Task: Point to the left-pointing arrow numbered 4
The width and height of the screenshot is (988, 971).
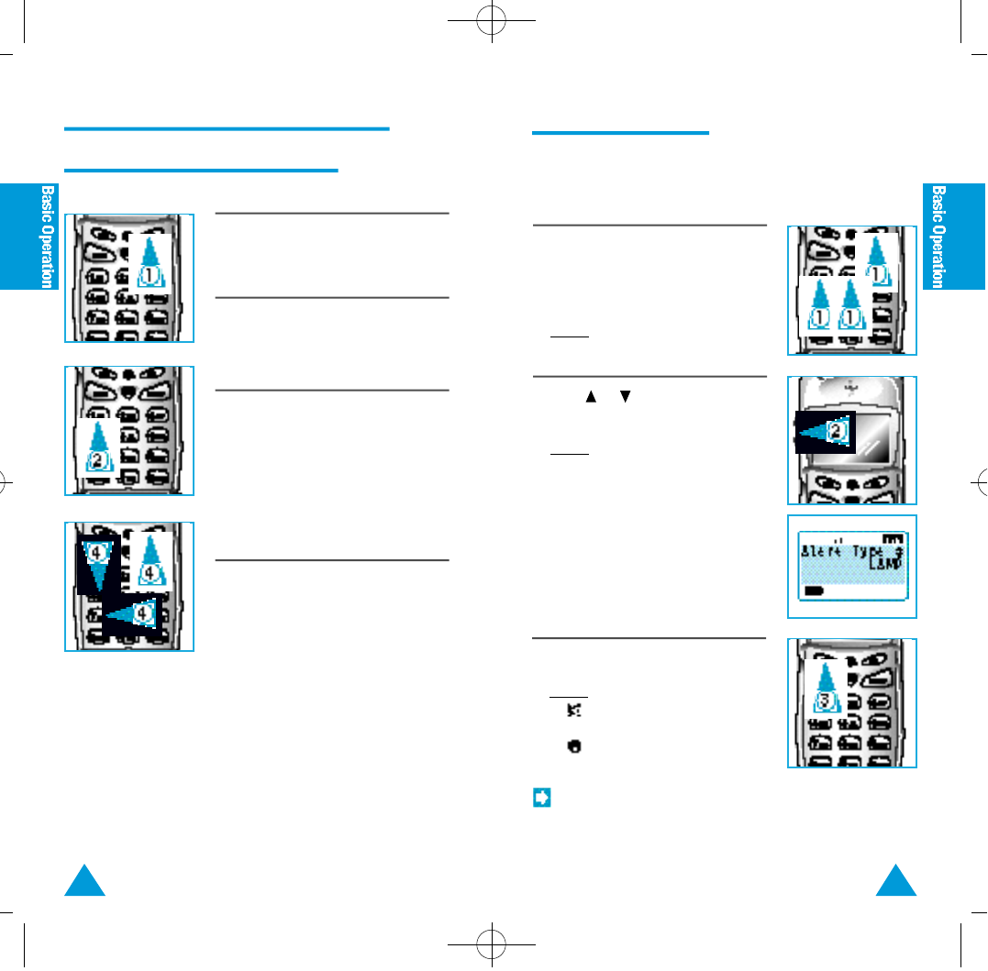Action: pyautogui.click(x=135, y=612)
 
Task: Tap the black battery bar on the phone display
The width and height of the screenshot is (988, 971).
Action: pyautogui.click(x=813, y=592)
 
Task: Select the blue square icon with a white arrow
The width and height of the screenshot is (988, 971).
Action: pyautogui.click(x=541, y=798)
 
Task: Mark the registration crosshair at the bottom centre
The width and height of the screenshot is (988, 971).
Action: pyautogui.click(x=493, y=943)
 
